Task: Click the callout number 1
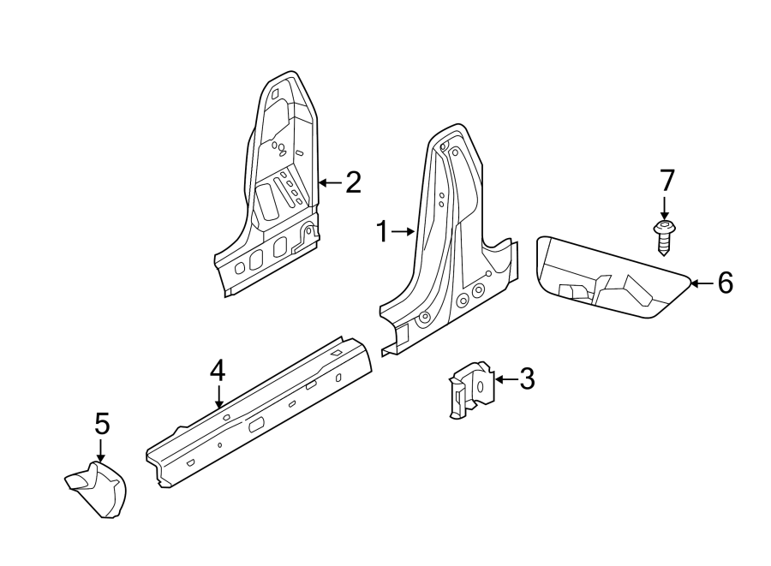384,231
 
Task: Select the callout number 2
353,182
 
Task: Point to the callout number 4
218,371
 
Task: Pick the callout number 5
102,424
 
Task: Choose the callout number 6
725,283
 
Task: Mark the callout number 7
666,181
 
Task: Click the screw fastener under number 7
665,235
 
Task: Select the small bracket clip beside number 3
471,390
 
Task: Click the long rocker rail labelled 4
257,411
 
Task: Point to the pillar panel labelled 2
274,188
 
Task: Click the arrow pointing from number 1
404,231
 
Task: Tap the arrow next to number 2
329,182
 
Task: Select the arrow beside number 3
505,378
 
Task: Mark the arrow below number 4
218,396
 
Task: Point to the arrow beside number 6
702,283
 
